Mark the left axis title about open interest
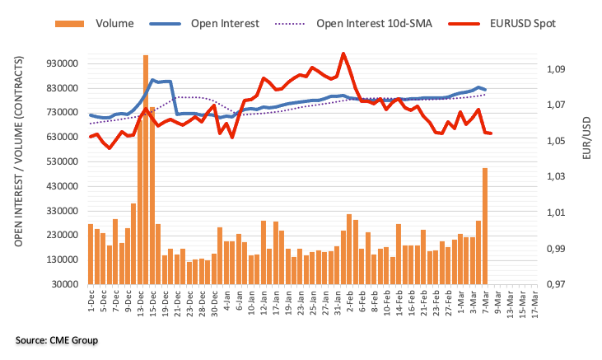coord(18,157)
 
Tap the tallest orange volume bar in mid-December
coord(145,169)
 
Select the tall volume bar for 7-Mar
coord(485,226)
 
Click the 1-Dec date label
coord(90,302)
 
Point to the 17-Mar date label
coord(534,303)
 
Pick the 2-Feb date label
coord(349,302)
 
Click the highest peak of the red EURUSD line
coord(343,54)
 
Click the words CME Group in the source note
coord(80,340)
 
